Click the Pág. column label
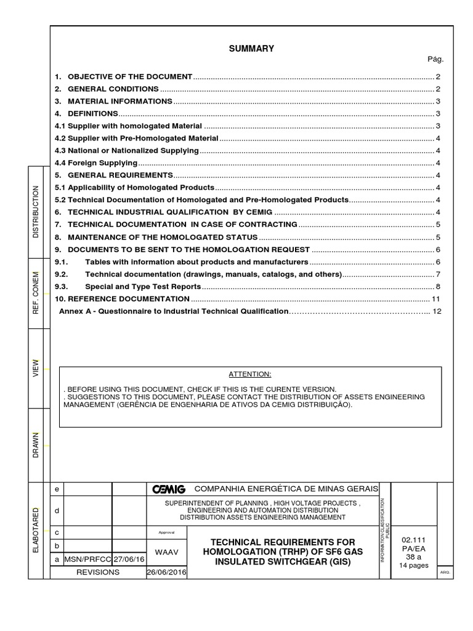435,60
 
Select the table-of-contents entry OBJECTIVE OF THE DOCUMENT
130,76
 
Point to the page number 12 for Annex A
437,312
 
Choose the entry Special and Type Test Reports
143,287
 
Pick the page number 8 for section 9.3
437,287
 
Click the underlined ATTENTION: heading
250,375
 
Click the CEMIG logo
169,489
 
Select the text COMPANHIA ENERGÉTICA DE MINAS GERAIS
286,489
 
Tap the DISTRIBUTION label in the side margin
35,211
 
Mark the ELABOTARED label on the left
35,530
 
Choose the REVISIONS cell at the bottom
97,572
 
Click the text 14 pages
413,566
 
